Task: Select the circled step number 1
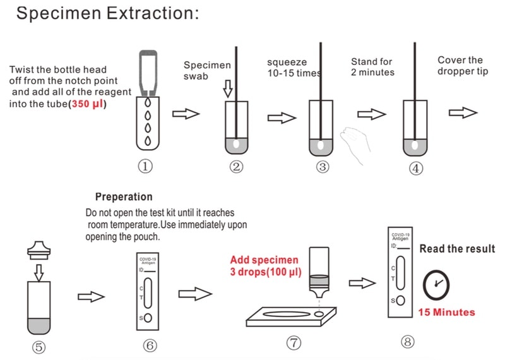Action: coord(146,167)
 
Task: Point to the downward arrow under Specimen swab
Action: coord(228,90)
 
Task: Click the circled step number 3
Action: coord(323,167)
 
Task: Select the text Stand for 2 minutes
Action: coord(372,67)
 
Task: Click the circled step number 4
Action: coord(417,168)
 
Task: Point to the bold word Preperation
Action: coord(124,197)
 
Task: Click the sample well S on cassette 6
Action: coord(148,318)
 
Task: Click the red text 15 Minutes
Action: coord(446,312)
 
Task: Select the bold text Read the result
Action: coord(457,249)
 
